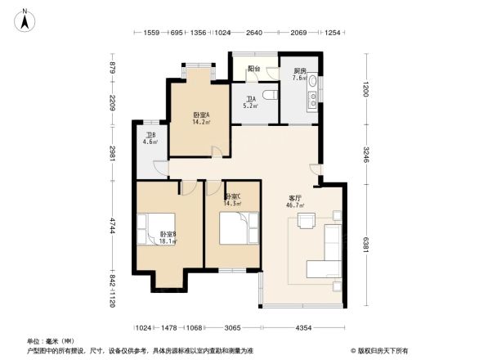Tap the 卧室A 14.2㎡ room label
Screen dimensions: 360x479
click(x=201, y=119)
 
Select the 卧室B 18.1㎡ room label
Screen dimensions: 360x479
click(x=168, y=238)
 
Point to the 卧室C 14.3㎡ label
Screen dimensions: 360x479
click(x=232, y=200)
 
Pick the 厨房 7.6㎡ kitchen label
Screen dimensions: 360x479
click(x=300, y=75)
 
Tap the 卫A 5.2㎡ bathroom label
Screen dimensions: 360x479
click(x=250, y=102)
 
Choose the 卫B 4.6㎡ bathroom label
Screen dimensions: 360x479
click(x=151, y=138)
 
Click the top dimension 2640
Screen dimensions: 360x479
click(x=254, y=33)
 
